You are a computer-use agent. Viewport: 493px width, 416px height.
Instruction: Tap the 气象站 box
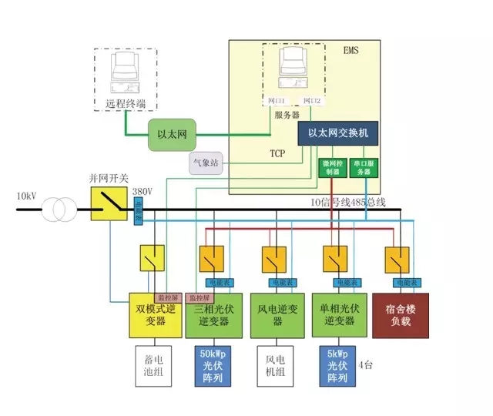click(204, 163)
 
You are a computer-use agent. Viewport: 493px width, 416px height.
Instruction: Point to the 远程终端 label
click(125, 103)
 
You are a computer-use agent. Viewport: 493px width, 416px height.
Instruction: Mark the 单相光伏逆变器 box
click(336, 314)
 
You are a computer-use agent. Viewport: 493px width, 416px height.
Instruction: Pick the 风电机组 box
click(276, 367)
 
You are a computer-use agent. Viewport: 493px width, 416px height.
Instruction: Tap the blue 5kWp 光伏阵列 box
click(337, 366)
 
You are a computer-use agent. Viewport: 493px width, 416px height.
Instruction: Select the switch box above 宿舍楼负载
click(397, 259)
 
